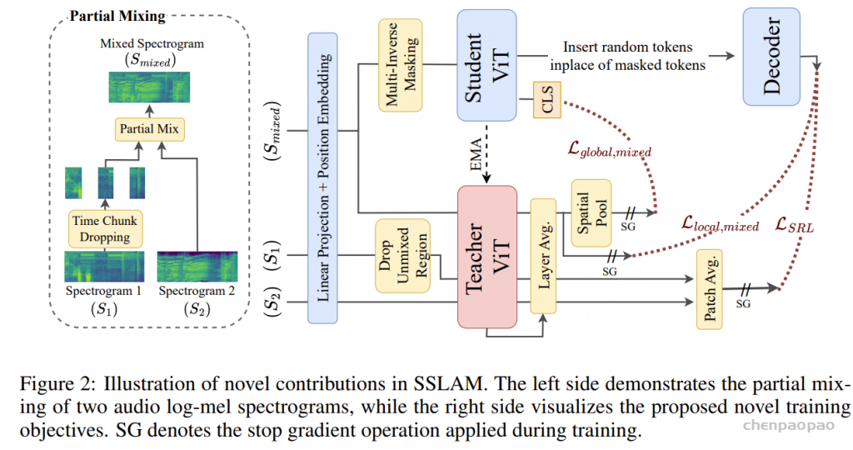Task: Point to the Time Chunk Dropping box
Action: (105, 227)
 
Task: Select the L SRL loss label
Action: (795, 226)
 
